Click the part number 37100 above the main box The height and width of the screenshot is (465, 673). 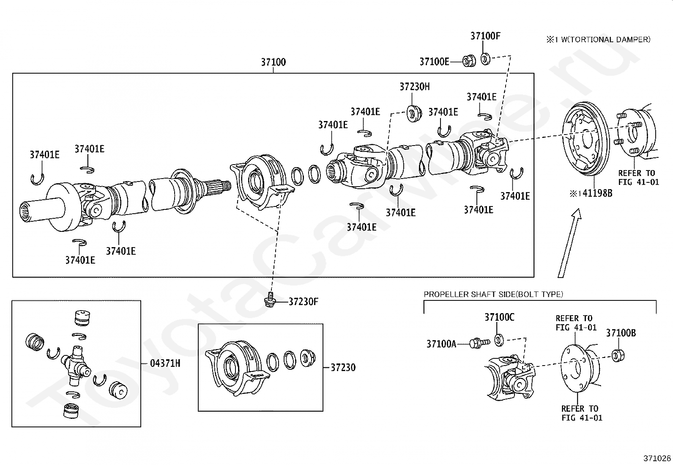pyautogui.click(x=273, y=62)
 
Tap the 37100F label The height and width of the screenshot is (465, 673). pyautogui.click(x=485, y=36)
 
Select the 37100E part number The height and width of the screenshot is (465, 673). pyautogui.click(x=434, y=62)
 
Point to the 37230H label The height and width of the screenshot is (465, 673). pyautogui.click(x=415, y=87)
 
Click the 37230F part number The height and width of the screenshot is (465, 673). pyautogui.click(x=303, y=302)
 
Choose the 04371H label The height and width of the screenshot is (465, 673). pyautogui.click(x=165, y=363)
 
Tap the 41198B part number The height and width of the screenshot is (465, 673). pyautogui.click(x=597, y=193)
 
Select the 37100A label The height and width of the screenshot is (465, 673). pyautogui.click(x=441, y=344)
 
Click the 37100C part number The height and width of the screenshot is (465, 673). pyautogui.click(x=499, y=317)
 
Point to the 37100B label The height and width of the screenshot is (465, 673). pyautogui.click(x=621, y=333)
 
